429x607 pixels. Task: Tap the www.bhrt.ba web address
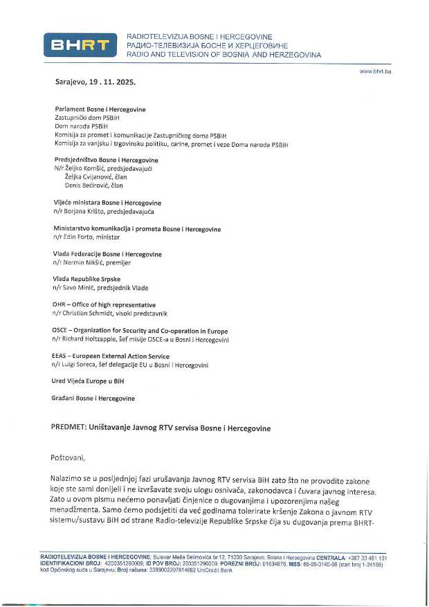tap(375, 71)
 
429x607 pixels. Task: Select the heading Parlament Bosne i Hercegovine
tap(100, 109)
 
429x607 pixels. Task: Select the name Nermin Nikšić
tap(84, 263)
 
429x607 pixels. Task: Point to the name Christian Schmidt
tap(88, 314)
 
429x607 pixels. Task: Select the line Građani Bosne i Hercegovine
tap(94, 398)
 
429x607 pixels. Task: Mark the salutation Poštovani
tap(70, 458)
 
